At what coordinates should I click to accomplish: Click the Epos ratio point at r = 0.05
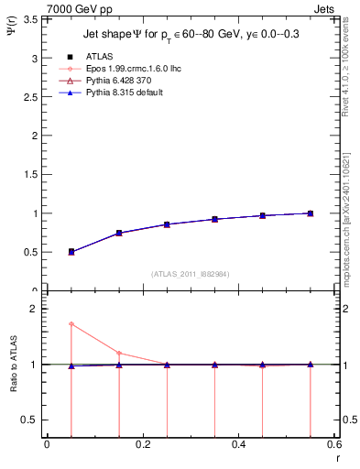coord(71,323)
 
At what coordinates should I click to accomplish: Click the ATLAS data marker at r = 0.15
coord(119,233)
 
